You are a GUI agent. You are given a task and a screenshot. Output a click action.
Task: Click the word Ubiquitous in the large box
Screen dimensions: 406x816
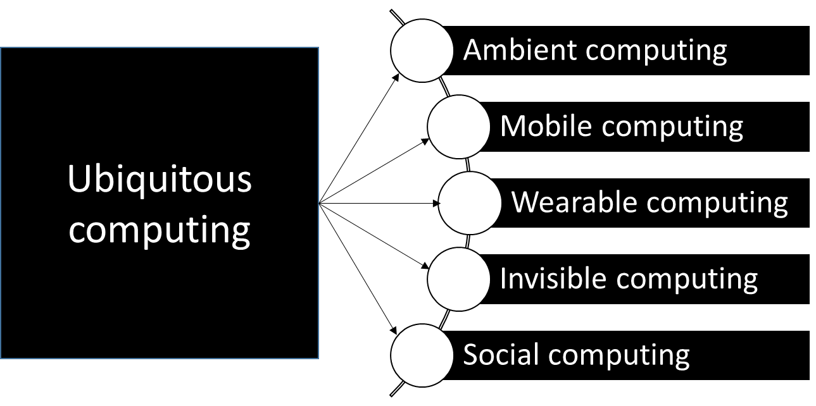159,182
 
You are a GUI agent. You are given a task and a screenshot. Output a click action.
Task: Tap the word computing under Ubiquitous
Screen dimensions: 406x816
159,231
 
